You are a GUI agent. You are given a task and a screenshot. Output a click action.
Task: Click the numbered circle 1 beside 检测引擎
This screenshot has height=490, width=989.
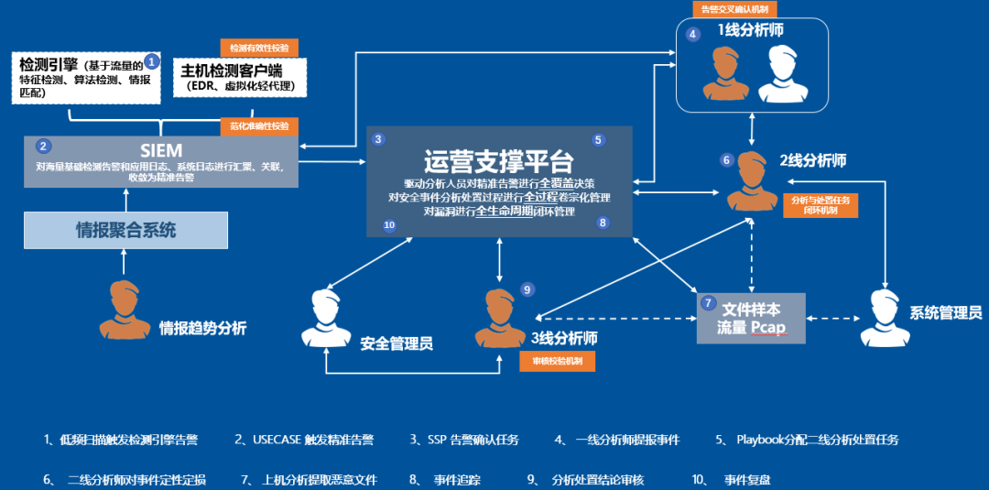152,61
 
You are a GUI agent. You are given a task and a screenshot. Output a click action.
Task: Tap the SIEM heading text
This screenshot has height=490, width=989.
161,149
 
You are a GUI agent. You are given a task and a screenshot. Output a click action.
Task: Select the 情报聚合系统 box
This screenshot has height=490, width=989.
125,230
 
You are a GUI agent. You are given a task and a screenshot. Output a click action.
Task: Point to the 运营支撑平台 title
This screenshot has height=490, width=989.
498,161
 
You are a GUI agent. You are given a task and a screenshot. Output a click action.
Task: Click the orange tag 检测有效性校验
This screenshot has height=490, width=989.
259,48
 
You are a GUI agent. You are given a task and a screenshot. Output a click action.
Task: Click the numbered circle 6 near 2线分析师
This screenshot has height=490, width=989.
727,160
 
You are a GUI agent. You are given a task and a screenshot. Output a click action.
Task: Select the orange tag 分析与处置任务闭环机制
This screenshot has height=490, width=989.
820,204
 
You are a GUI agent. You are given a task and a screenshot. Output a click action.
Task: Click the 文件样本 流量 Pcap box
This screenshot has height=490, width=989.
750,317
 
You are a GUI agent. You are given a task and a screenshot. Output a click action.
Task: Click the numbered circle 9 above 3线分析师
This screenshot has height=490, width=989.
527,289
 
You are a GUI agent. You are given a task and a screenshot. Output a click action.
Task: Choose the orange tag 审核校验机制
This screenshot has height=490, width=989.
557,362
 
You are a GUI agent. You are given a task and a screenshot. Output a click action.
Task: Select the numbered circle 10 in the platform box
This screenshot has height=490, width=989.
389,224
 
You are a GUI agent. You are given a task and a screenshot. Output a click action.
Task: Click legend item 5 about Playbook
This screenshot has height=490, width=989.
807,440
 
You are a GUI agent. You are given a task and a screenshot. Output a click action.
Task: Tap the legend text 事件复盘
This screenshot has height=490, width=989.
744,479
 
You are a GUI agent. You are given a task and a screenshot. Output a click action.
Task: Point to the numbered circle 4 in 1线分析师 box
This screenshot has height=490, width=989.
693,34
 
